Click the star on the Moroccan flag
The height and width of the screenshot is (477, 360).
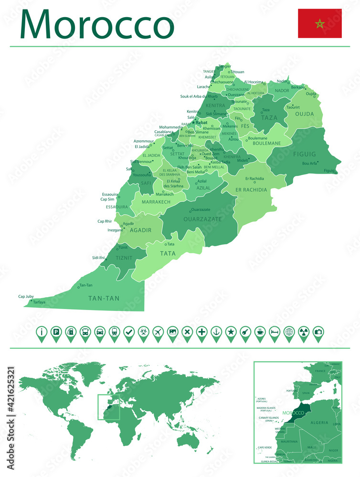click(x=319, y=23)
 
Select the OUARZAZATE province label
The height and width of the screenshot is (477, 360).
click(x=202, y=219)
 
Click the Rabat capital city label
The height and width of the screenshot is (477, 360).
click(x=201, y=122)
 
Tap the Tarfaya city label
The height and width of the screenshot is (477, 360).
click(x=40, y=302)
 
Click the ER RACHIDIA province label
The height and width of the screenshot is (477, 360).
click(x=251, y=189)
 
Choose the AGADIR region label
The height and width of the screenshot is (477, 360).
click(x=140, y=230)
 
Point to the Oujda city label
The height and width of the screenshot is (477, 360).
click(x=311, y=93)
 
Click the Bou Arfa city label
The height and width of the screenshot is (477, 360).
click(x=309, y=163)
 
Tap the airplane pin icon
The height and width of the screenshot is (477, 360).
click(x=158, y=332)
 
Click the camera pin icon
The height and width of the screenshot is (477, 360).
click(x=318, y=332)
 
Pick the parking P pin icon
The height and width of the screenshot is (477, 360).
click(x=56, y=332)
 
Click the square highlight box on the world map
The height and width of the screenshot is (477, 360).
click(x=108, y=407)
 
